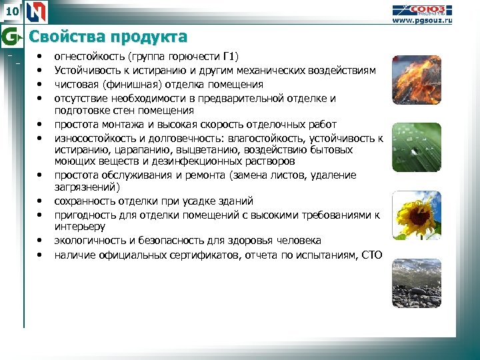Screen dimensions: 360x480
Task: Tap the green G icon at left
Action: click(10, 35)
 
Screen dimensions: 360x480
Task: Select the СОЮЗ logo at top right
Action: click(429, 9)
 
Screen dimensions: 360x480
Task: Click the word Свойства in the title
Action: click(63, 36)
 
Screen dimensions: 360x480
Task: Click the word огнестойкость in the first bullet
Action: click(90, 56)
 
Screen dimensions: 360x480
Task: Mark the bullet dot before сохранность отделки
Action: click(40, 201)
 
